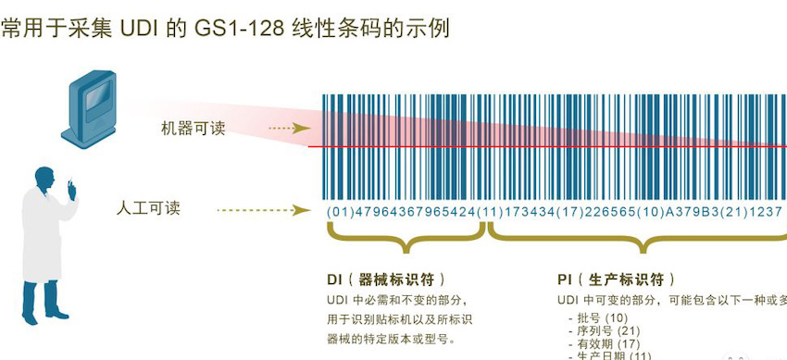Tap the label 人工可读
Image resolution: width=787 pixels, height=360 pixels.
(x=149, y=208)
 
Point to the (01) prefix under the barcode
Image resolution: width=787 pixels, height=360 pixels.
(x=340, y=212)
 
